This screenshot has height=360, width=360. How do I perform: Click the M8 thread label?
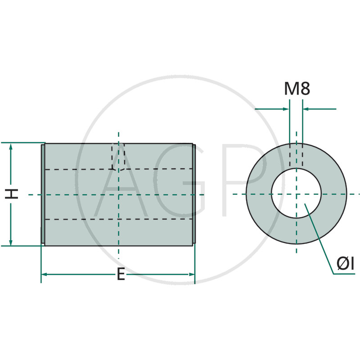click(x=297, y=89)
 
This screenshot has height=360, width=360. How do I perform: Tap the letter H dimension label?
click(x=12, y=194)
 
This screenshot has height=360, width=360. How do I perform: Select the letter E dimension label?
click(x=121, y=274)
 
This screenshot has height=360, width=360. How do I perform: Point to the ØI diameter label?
click(x=345, y=264)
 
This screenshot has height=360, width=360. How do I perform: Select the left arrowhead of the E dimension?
click(x=44, y=274)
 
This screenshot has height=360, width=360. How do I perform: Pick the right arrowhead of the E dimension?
click(x=191, y=274)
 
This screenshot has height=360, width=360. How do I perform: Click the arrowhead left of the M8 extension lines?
click(x=286, y=109)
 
